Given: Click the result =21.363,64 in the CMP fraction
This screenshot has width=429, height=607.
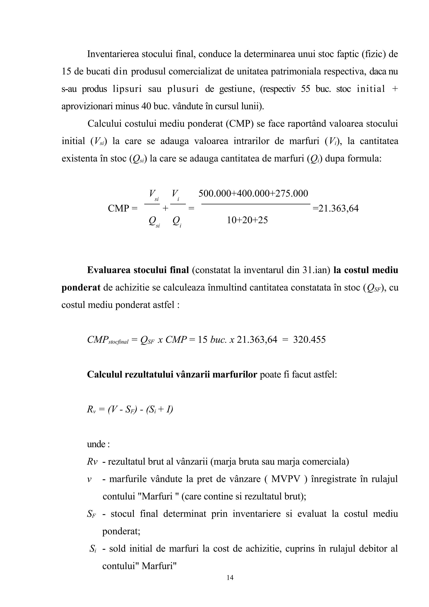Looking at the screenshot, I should click(x=336, y=209).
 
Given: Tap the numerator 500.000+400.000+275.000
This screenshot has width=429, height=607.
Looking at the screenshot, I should click(x=253, y=194).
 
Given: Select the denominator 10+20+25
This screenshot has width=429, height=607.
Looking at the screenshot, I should click(x=247, y=220).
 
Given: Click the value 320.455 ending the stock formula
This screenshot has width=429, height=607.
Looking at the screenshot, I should click(x=309, y=340).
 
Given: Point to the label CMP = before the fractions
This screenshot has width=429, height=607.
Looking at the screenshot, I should click(x=123, y=209).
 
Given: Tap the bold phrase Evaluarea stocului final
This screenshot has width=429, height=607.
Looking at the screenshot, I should click(x=138, y=270).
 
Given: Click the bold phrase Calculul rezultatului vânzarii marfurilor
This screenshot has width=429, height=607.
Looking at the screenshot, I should click(x=172, y=375).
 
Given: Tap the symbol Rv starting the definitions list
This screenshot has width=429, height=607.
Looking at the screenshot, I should click(x=92, y=462).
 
